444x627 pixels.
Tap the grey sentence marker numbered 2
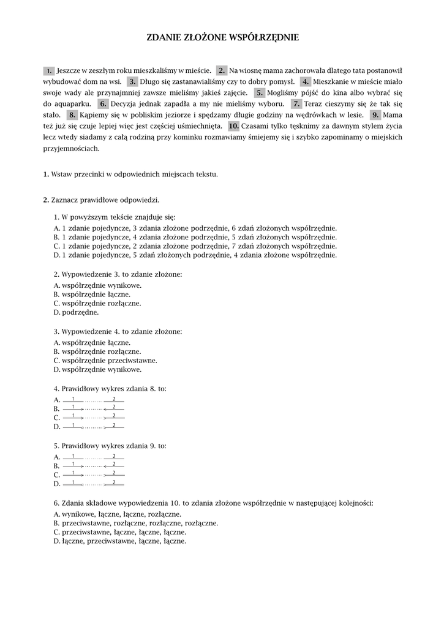click(222, 70)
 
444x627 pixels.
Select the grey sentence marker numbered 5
click(260, 92)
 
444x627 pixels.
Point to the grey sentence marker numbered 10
click(233, 126)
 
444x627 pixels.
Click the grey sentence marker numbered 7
click(296, 103)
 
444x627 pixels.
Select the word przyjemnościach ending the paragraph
click(71, 148)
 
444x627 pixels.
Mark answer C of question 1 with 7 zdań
click(195, 246)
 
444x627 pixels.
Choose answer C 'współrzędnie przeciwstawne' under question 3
click(105, 360)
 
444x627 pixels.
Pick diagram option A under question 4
click(93, 400)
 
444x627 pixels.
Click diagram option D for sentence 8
click(93, 426)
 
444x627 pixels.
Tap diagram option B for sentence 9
click(93, 465)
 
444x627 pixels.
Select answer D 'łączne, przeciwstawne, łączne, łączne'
click(120, 541)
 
